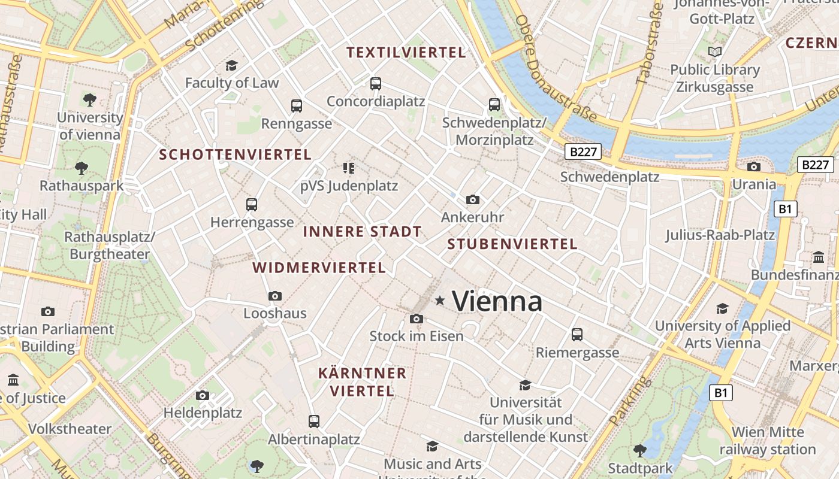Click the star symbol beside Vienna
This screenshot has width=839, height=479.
(440, 300)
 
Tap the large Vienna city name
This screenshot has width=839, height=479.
(497, 301)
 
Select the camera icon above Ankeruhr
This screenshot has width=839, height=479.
(473, 199)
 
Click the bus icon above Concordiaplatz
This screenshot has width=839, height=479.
(376, 84)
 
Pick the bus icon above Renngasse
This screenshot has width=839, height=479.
(296, 106)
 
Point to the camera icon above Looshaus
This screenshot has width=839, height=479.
(275, 296)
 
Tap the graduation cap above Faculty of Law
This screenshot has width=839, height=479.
(231, 65)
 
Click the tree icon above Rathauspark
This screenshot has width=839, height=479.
(82, 168)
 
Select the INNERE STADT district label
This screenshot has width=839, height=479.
(362, 232)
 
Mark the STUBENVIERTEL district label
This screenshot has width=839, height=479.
(512, 244)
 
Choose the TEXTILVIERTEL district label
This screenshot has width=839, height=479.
(406, 53)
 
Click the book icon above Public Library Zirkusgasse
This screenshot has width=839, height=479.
(714, 52)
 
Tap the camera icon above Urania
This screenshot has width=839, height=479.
(754, 166)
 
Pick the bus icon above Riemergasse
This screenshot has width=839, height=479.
(577, 335)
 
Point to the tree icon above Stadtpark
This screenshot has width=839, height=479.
(640, 450)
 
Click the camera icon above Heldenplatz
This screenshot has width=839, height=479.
(203, 395)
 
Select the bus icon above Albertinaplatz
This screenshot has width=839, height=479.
(313, 422)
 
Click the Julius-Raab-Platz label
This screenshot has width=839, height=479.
(720, 235)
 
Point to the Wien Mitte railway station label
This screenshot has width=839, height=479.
(768, 441)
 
